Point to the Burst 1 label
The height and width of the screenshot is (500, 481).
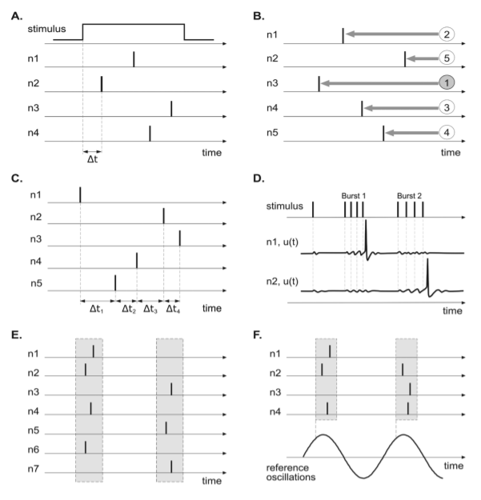(353, 195)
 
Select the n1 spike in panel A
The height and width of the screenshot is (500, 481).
(133, 59)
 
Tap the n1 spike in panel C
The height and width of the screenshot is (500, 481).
(80, 194)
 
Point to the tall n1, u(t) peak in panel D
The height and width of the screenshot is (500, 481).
(366, 234)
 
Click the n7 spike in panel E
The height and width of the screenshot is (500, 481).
(171, 466)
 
